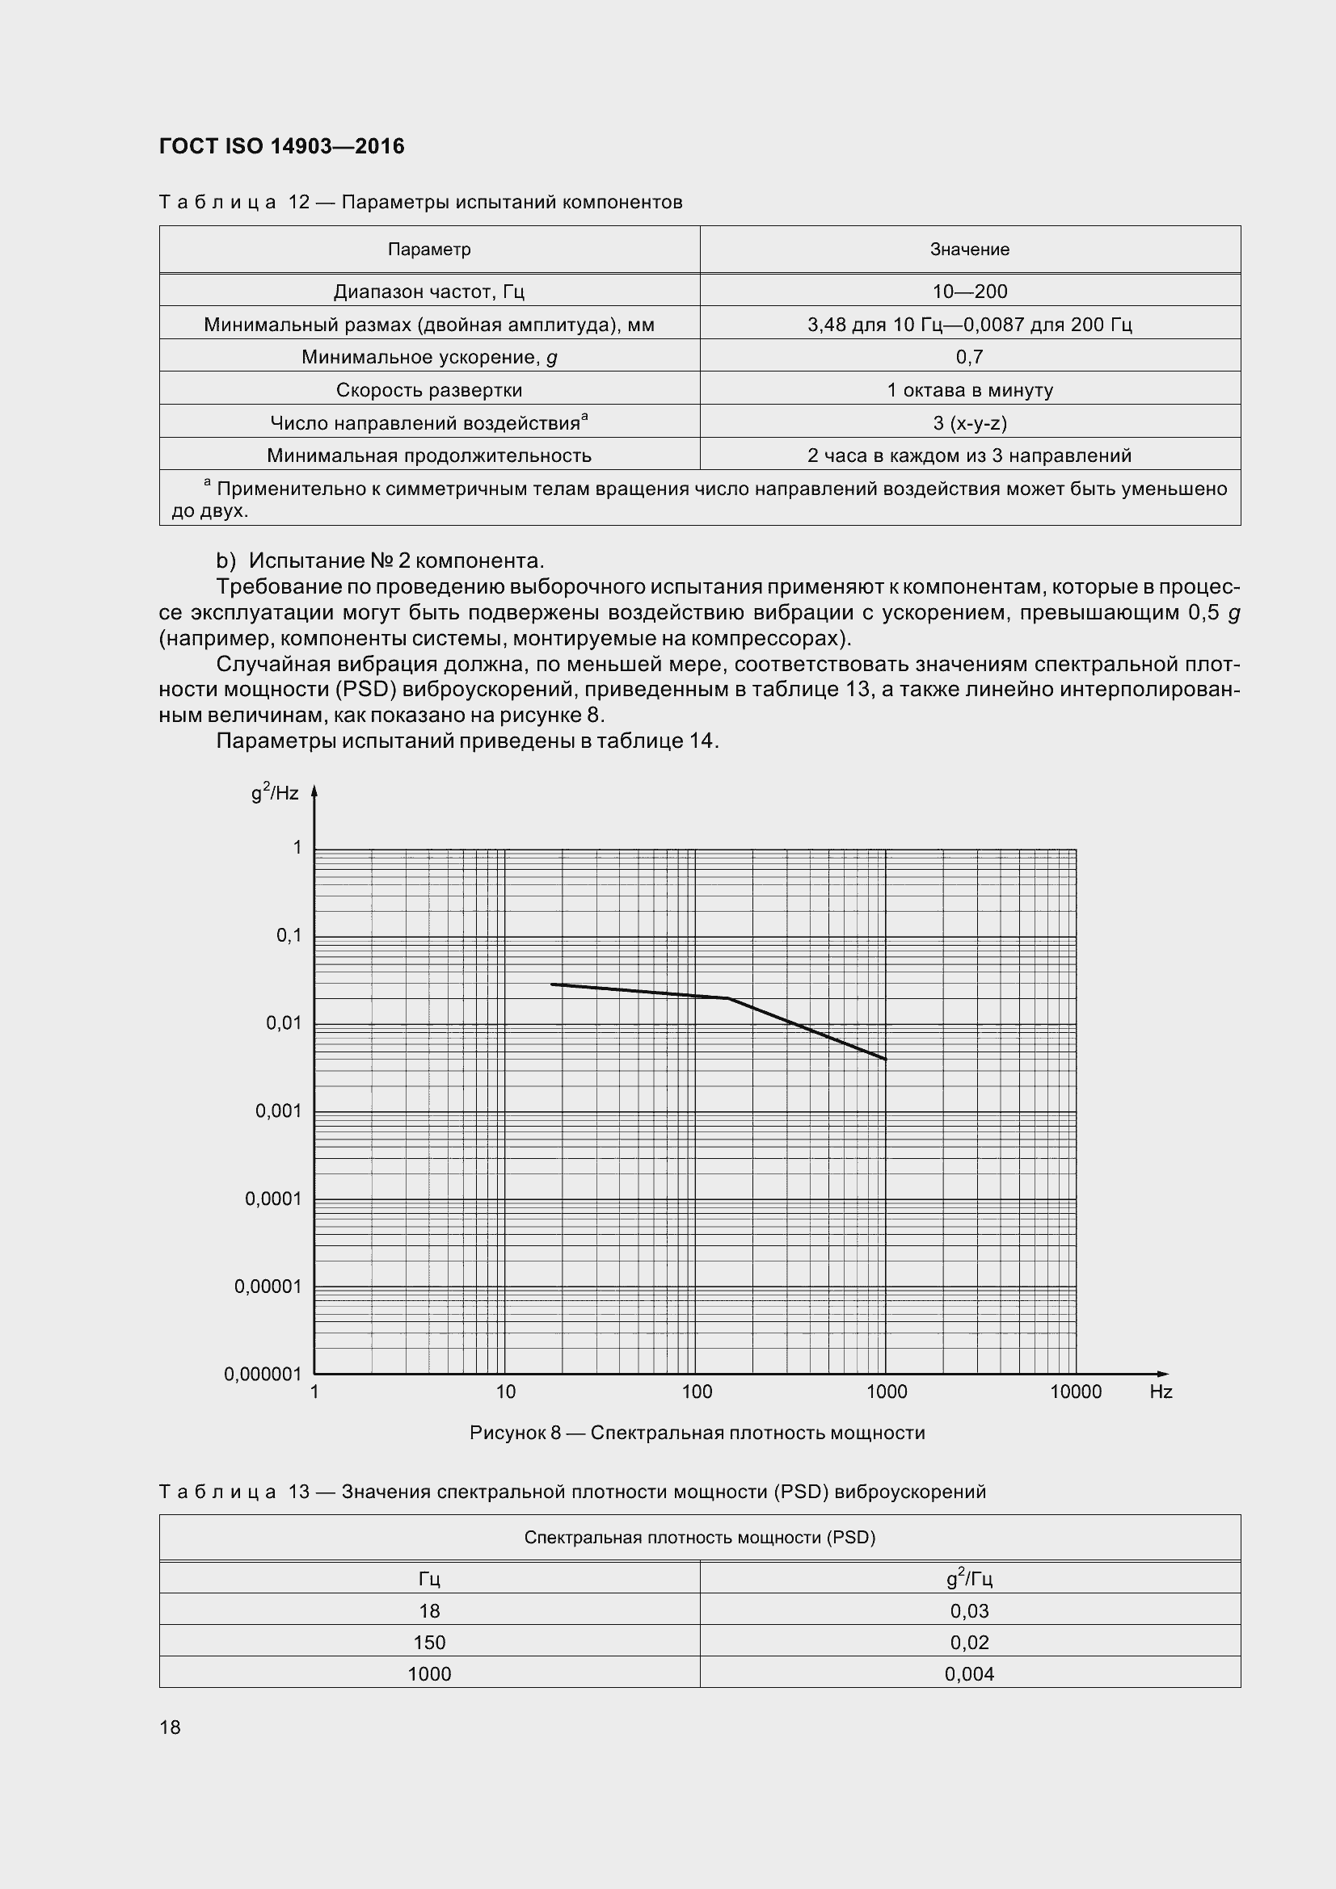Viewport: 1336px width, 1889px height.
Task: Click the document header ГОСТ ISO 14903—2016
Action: coord(281,146)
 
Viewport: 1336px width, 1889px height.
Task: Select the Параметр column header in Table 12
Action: coord(429,250)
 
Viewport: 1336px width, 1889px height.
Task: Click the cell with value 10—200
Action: coord(970,292)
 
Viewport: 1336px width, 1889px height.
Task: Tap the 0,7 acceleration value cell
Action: coord(970,357)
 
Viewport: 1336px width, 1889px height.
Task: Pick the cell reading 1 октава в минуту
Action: coord(970,390)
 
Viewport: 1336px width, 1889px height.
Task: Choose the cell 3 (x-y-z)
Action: coord(970,423)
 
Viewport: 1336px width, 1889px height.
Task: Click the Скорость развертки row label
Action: coord(429,390)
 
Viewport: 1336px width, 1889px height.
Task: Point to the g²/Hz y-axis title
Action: coord(275,793)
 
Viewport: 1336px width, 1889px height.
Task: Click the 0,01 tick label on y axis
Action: coord(284,1023)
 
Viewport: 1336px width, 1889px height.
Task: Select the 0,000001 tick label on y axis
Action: coord(263,1375)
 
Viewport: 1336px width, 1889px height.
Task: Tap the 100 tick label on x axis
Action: coord(697,1392)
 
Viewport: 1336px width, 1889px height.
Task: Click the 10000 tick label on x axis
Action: coord(1075,1392)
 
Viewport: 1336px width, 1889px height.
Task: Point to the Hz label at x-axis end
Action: coord(1161,1392)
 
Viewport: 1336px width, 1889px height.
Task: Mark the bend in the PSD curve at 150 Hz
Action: coord(728,998)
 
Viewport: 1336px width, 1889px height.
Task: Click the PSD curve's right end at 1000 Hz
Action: coord(886,1060)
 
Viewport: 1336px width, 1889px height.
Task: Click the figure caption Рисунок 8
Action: coord(697,1434)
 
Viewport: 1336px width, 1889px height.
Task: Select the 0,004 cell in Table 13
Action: coord(970,1674)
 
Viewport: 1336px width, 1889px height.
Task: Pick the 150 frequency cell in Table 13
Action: coord(429,1643)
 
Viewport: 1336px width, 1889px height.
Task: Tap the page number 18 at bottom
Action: coord(171,1727)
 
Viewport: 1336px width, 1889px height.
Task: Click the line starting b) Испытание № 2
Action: coord(381,561)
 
